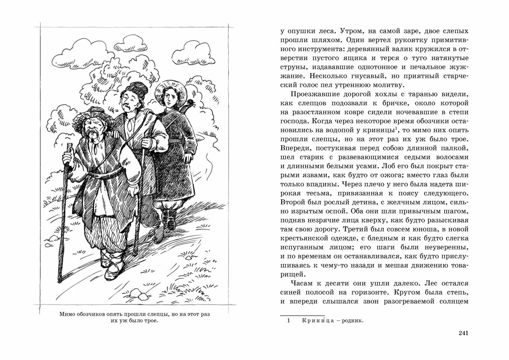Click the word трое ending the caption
[150, 321]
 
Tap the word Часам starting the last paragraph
[302, 283]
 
